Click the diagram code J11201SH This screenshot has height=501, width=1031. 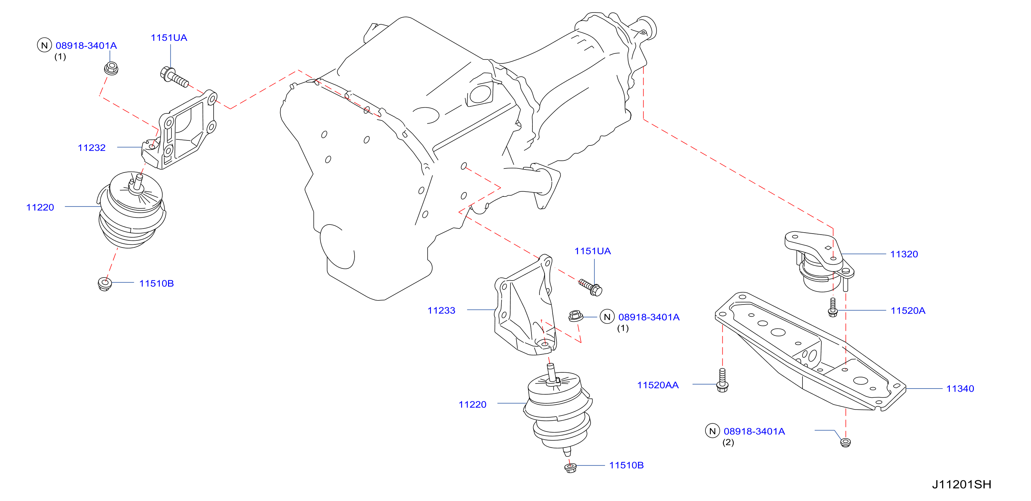click(961, 484)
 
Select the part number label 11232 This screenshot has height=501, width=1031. click(92, 148)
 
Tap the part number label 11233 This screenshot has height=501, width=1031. click(441, 310)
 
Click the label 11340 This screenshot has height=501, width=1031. click(960, 388)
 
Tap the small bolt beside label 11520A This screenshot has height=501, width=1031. click(833, 307)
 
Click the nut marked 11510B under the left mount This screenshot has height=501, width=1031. click(104, 283)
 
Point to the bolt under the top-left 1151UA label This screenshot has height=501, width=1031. click(174, 77)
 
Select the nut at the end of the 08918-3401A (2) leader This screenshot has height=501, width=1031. click(845, 442)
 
